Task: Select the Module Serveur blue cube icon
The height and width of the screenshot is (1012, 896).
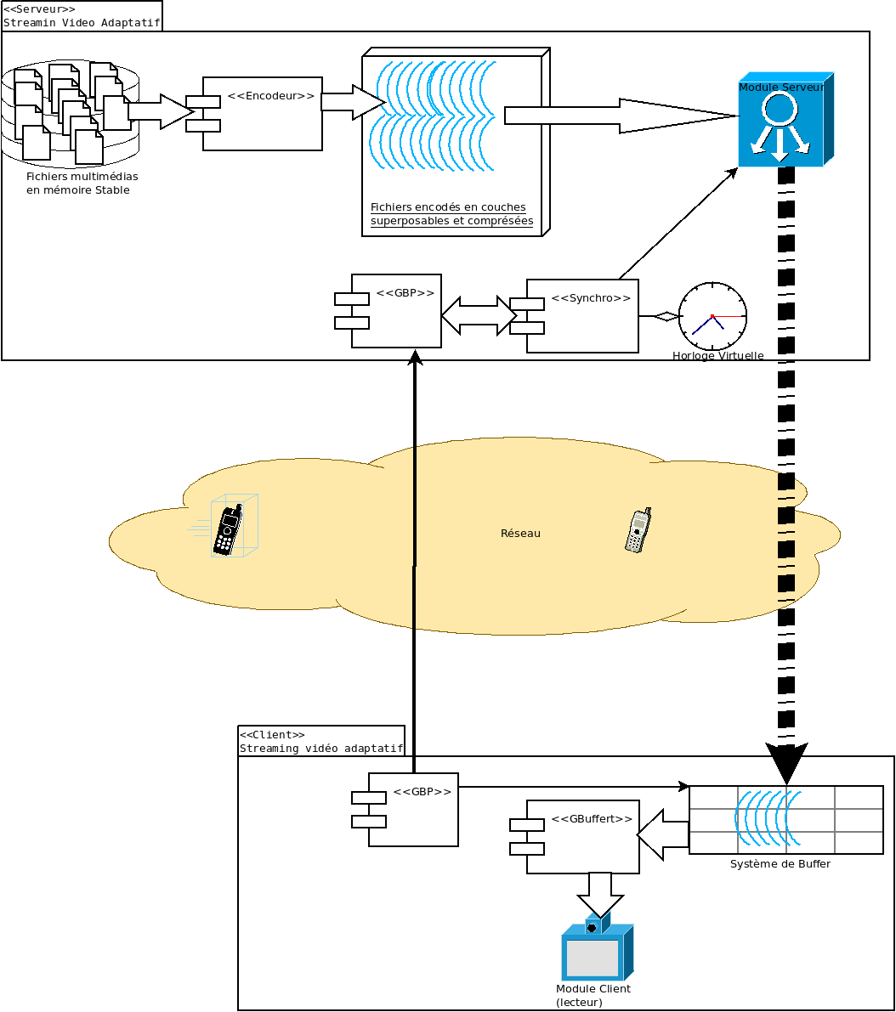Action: (x=782, y=120)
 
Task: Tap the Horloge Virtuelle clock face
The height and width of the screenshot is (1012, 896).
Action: (x=712, y=316)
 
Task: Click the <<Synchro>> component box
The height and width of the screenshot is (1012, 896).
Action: (x=582, y=316)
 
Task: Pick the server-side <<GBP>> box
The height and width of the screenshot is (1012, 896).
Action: (x=396, y=311)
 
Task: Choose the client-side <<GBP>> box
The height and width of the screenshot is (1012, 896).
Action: (x=413, y=810)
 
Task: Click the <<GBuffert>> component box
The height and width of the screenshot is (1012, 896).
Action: (x=582, y=837)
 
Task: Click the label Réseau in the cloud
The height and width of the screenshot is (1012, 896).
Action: (x=520, y=534)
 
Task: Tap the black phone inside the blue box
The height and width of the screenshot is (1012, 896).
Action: (x=227, y=529)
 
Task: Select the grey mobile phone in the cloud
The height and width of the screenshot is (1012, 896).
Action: (x=638, y=532)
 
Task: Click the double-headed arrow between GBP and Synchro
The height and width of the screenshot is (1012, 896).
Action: (x=479, y=315)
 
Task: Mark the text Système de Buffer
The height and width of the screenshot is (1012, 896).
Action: (x=780, y=864)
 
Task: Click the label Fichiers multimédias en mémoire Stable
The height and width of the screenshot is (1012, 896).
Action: (x=82, y=184)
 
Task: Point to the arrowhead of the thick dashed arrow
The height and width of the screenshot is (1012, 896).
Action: (x=786, y=761)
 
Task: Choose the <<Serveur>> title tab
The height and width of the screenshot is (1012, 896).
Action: (x=81, y=15)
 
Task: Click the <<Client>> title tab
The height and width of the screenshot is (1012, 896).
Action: (x=320, y=741)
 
